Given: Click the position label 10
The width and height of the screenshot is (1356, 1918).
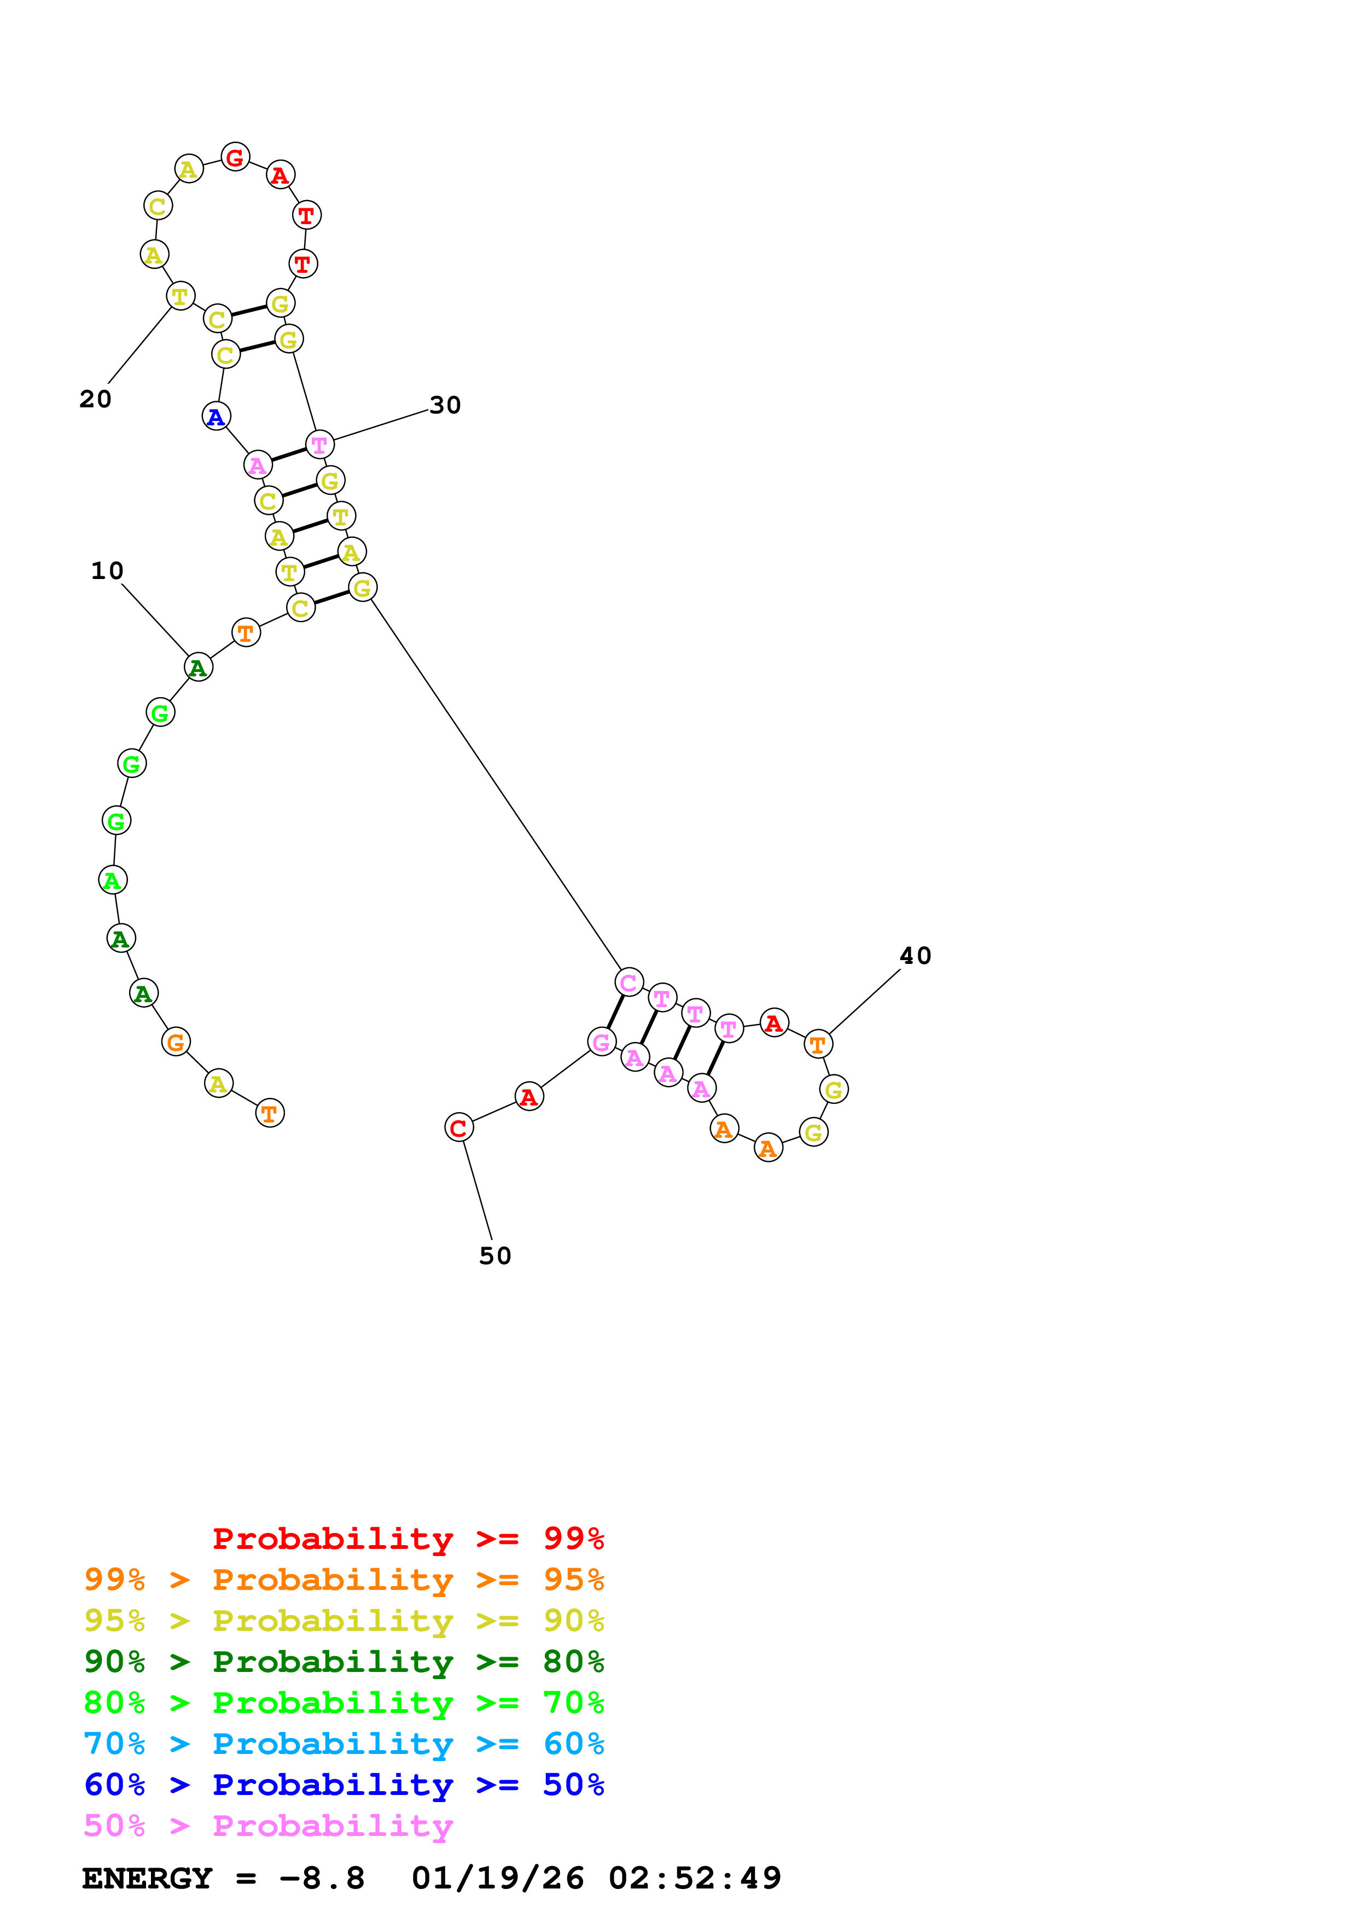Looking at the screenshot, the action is point(107,571).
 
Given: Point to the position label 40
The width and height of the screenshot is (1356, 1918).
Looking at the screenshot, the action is point(915,956).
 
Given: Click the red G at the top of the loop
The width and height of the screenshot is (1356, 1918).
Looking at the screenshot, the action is point(236,156).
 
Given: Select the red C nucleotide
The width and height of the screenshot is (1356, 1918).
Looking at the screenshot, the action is point(459,1128).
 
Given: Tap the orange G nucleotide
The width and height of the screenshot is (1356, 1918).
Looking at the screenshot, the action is point(176,1042).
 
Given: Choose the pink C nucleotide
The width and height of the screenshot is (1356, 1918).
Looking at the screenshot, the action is point(628,983).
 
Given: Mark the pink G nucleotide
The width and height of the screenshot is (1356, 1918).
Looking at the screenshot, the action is point(602,1042).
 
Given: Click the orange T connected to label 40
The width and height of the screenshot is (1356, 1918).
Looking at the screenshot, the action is point(818,1044).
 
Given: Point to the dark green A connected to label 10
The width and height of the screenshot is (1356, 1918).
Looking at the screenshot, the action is point(198,668).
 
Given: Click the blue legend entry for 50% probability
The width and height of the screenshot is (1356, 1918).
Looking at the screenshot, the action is point(344,1785).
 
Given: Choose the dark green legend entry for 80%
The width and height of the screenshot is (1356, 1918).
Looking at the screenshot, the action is point(344,1662).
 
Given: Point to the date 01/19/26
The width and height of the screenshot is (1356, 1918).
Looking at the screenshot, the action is point(497,1879).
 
